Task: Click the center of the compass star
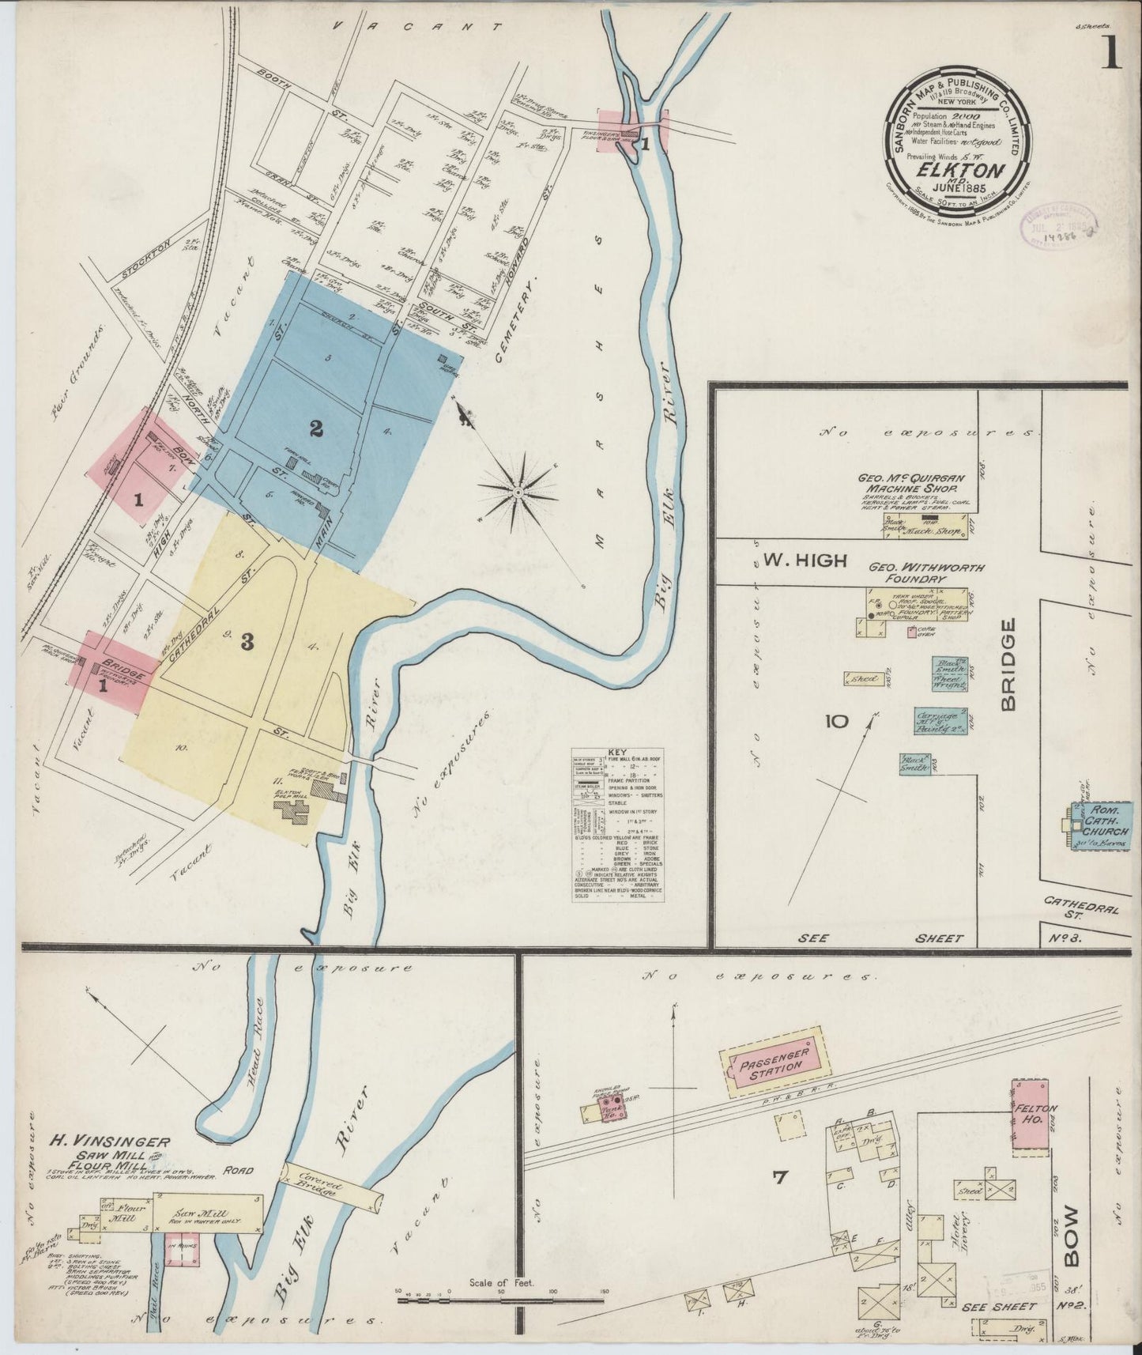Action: pyautogui.click(x=518, y=493)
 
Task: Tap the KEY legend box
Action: pyautogui.click(x=618, y=822)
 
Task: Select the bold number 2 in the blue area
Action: pyautogui.click(x=316, y=428)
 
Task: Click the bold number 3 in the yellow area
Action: pyautogui.click(x=247, y=643)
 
